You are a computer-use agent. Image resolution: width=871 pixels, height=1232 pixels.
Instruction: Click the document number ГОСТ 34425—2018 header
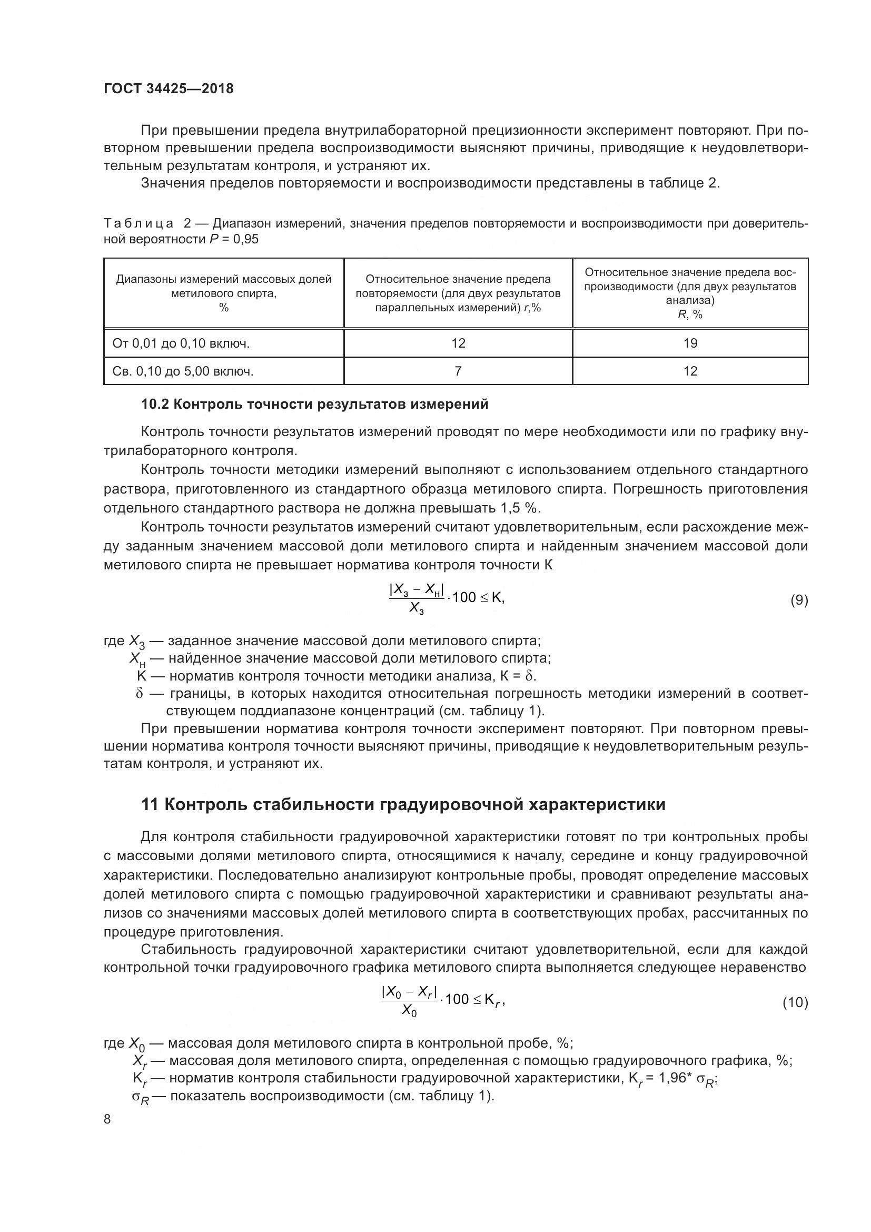(x=169, y=88)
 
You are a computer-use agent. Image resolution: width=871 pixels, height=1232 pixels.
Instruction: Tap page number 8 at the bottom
(x=107, y=1119)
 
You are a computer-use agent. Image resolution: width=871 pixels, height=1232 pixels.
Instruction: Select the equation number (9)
(x=799, y=600)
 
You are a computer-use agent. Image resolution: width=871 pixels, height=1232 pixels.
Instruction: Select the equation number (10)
(x=795, y=1002)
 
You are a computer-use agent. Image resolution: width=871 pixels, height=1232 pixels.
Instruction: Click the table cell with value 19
(x=690, y=343)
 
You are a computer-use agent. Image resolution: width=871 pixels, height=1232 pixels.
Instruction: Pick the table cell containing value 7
(x=458, y=371)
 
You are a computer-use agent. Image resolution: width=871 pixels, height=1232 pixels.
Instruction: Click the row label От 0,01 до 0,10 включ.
(x=181, y=343)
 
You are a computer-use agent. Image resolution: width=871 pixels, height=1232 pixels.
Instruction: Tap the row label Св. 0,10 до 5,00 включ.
(x=183, y=371)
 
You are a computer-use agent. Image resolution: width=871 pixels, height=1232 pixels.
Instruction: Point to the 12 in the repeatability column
(x=458, y=343)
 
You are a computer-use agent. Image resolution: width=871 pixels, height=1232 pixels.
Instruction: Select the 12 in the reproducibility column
(x=690, y=371)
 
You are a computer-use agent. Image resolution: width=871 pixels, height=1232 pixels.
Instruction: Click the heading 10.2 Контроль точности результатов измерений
(x=314, y=404)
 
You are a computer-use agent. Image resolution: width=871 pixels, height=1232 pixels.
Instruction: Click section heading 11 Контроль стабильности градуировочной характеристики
(x=403, y=805)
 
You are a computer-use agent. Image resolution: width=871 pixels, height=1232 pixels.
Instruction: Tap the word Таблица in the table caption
(x=138, y=223)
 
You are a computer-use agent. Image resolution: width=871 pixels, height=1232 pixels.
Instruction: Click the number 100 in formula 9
(x=464, y=597)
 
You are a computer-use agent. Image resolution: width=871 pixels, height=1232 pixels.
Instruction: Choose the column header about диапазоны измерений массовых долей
(x=224, y=293)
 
